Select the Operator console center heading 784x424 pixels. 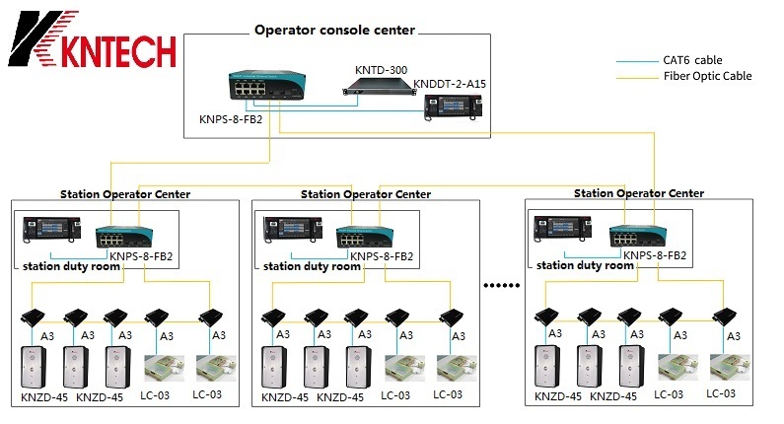pyautogui.click(x=334, y=30)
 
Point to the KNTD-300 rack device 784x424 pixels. pyautogui.click(x=381, y=92)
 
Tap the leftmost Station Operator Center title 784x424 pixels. pyautogui.click(x=125, y=194)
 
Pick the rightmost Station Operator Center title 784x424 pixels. pyautogui.click(x=639, y=193)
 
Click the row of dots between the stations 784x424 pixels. pyautogui.click(x=501, y=287)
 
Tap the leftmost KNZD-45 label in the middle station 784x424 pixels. pyautogui.click(x=284, y=397)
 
